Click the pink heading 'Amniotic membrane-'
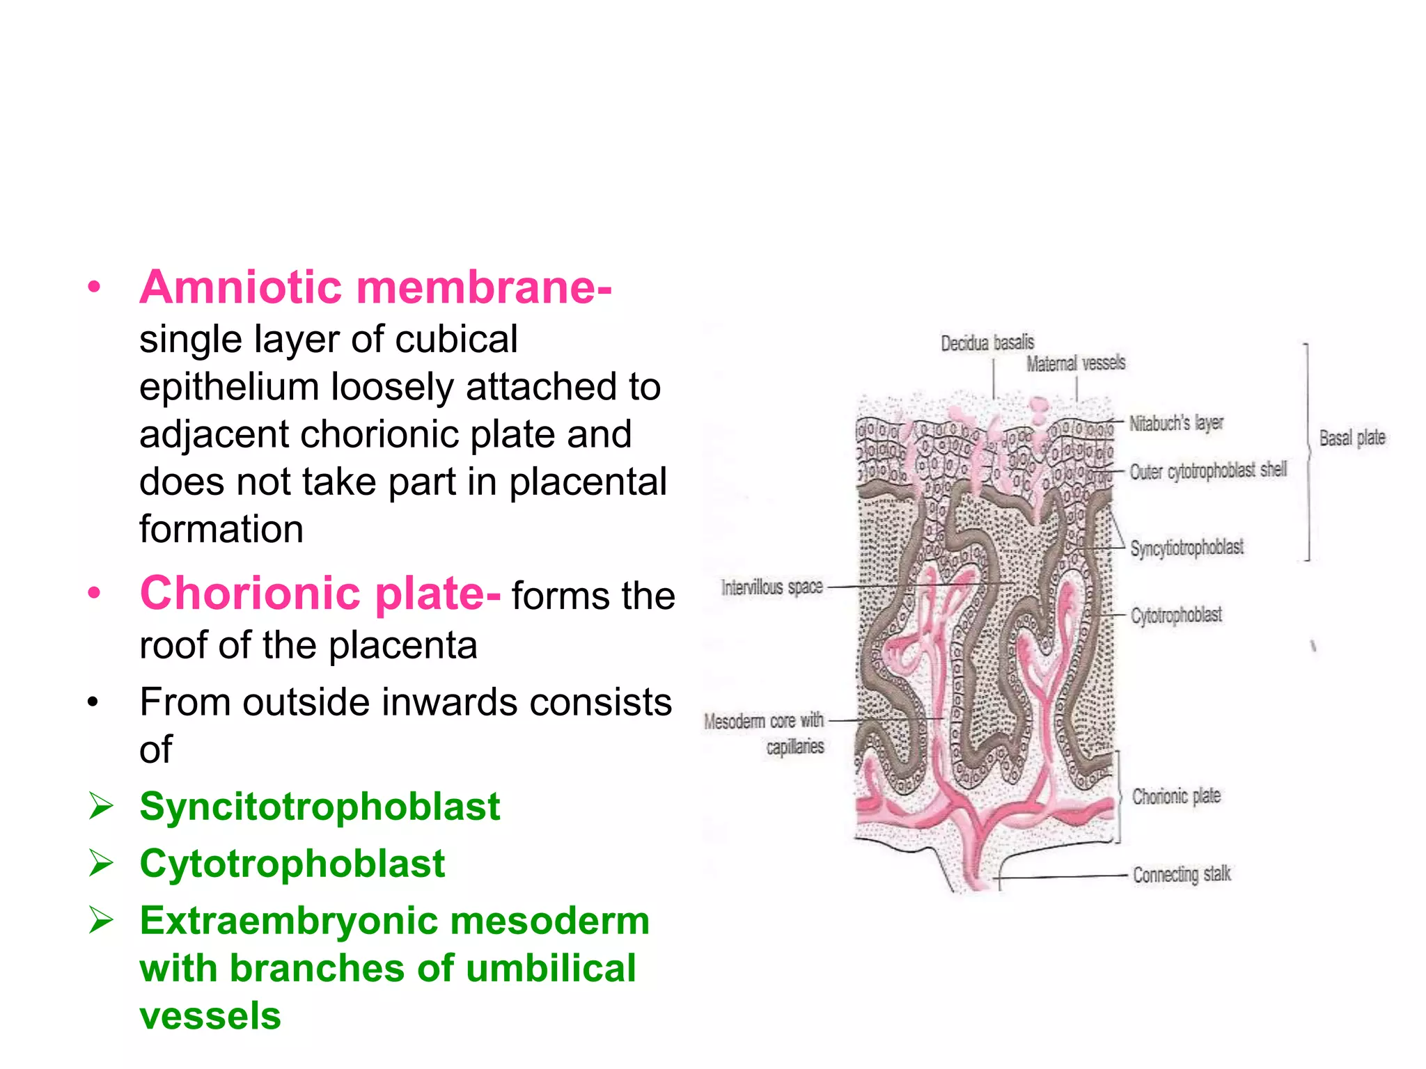pyautogui.click(x=375, y=287)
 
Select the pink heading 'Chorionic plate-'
pyautogui.click(x=320, y=594)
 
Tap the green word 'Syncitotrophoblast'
pyautogui.click(x=320, y=807)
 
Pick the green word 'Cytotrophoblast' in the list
pyautogui.click(x=292, y=864)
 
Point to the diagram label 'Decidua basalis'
pyautogui.click(x=987, y=342)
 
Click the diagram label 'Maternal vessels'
pyautogui.click(x=1076, y=363)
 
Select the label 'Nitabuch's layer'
pyautogui.click(x=1176, y=422)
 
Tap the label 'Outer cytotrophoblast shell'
pyautogui.click(x=1208, y=471)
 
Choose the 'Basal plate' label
pyautogui.click(x=1352, y=438)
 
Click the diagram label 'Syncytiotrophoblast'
pyautogui.click(x=1187, y=548)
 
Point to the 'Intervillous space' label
pyautogui.click(x=771, y=587)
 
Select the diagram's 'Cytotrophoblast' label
pyautogui.click(x=1176, y=615)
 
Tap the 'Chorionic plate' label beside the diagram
pyautogui.click(x=1176, y=796)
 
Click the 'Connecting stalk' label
pyautogui.click(x=1182, y=874)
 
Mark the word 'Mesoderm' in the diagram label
pyautogui.click(x=734, y=721)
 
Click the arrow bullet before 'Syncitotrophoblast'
pyautogui.click(x=102, y=807)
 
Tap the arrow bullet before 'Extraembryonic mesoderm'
pyautogui.click(x=102, y=921)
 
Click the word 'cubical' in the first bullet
pyautogui.click(x=456, y=340)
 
